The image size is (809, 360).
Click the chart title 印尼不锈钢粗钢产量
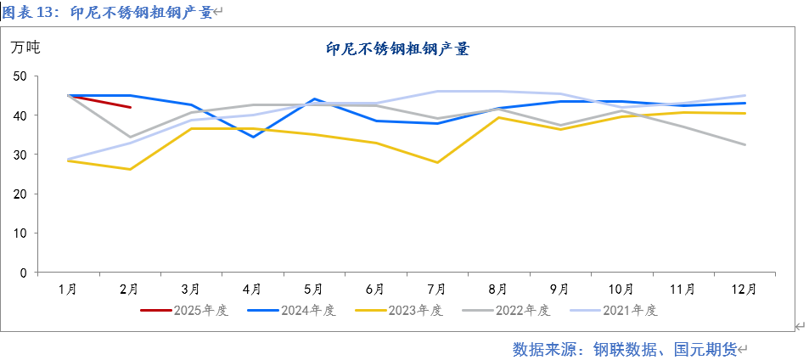397,50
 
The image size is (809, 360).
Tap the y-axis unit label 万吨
25,48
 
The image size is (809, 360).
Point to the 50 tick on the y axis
20,76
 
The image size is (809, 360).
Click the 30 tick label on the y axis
20,155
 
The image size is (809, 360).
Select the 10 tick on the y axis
20,233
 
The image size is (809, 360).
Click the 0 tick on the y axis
24,273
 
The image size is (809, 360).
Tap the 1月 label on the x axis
68,289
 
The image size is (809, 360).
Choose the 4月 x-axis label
252,289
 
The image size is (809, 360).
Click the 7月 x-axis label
437,289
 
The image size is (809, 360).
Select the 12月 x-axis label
744,289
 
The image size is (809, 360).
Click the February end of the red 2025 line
130,107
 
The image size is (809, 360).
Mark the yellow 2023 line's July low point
437,162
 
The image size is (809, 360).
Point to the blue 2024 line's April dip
252,137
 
